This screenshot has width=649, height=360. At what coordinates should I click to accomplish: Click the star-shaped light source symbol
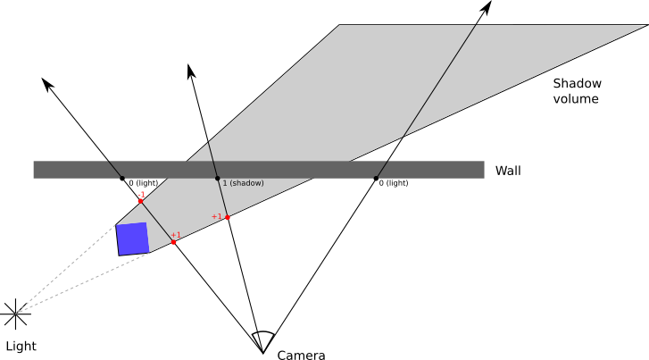pos(15,312)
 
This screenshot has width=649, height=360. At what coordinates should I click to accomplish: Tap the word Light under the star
pos(21,346)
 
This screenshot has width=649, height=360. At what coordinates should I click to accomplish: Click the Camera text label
pos(301,356)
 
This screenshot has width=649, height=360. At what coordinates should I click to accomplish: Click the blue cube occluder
pos(132,239)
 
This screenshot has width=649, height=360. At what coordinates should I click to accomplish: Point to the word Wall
pos(508,171)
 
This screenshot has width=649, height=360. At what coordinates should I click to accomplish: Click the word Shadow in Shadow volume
pos(577,83)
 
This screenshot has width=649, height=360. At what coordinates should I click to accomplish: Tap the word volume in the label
pos(576,98)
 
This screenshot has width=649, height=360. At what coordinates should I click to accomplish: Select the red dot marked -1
pos(141,201)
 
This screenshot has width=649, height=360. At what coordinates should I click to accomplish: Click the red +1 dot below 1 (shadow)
pos(228,217)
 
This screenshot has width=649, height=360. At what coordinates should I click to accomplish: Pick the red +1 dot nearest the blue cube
pos(173,242)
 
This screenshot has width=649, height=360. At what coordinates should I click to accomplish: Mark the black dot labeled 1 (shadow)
pos(218,179)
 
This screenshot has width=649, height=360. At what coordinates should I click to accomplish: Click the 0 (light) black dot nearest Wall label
pos(376,178)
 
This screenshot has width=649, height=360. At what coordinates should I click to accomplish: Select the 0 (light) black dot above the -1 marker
pos(123,179)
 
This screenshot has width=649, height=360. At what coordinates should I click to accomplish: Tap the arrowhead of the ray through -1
pos(47,83)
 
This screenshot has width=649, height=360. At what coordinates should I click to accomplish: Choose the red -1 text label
pos(141,194)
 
